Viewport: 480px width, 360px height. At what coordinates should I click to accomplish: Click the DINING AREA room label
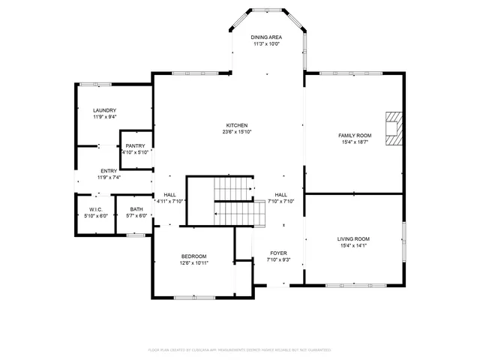pos(266,37)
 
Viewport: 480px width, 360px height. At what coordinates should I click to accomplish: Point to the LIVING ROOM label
pos(354,239)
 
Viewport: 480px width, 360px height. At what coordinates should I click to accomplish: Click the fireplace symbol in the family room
pos(393,127)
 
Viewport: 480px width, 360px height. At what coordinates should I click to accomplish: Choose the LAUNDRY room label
pos(104,110)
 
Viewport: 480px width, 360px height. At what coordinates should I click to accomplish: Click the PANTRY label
pos(136,145)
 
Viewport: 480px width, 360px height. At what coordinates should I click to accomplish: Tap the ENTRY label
pos(108,171)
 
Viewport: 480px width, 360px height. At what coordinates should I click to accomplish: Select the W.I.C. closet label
pos(95,209)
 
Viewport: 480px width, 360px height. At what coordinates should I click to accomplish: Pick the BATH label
pos(136,209)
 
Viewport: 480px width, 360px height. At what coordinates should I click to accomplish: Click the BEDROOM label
pos(193,256)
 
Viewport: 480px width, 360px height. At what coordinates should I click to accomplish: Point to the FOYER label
pos(278,253)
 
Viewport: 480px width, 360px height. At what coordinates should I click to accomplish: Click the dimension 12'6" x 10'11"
pos(193,263)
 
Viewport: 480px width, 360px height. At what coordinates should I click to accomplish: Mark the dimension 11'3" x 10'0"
pos(266,43)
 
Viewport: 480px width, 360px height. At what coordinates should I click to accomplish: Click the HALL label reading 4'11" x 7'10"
pos(169,201)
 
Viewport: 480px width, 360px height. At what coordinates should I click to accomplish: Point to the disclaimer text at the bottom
pos(240,349)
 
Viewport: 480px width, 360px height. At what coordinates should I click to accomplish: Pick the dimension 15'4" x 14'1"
pos(354,246)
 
